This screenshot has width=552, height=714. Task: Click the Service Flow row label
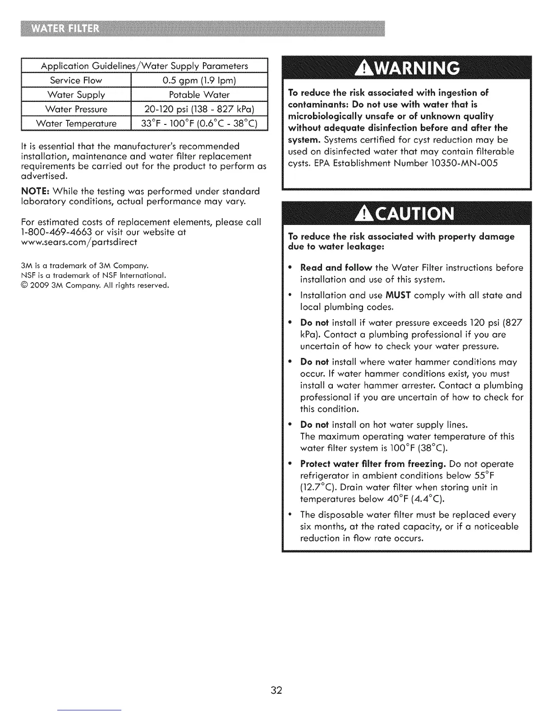coord(76,80)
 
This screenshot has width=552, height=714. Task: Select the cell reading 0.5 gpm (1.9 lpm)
coord(199,80)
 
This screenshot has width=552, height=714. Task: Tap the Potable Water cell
coord(199,95)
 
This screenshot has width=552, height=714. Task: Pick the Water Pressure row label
coord(76,109)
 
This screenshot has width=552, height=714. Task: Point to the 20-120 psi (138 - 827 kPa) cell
coord(199,109)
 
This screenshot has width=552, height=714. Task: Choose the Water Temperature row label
coord(76,124)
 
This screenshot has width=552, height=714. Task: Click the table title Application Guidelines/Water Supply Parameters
coord(144,66)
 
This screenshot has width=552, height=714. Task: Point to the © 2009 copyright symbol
coord(24,285)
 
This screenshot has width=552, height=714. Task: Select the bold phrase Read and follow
coord(336,268)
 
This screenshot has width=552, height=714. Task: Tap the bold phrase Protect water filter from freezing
coord(373,464)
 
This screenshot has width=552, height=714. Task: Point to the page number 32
coord(276,690)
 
